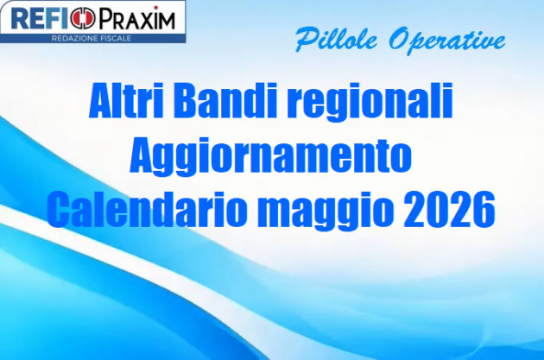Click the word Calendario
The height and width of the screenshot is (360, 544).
146,209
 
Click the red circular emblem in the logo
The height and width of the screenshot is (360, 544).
79,19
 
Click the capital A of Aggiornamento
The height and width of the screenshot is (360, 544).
141,156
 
